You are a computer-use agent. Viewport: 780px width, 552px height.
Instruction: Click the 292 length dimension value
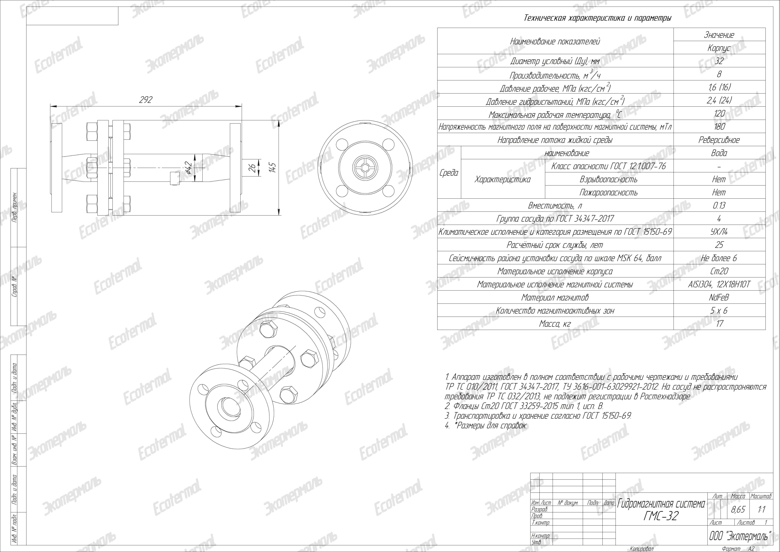tap(146, 100)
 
